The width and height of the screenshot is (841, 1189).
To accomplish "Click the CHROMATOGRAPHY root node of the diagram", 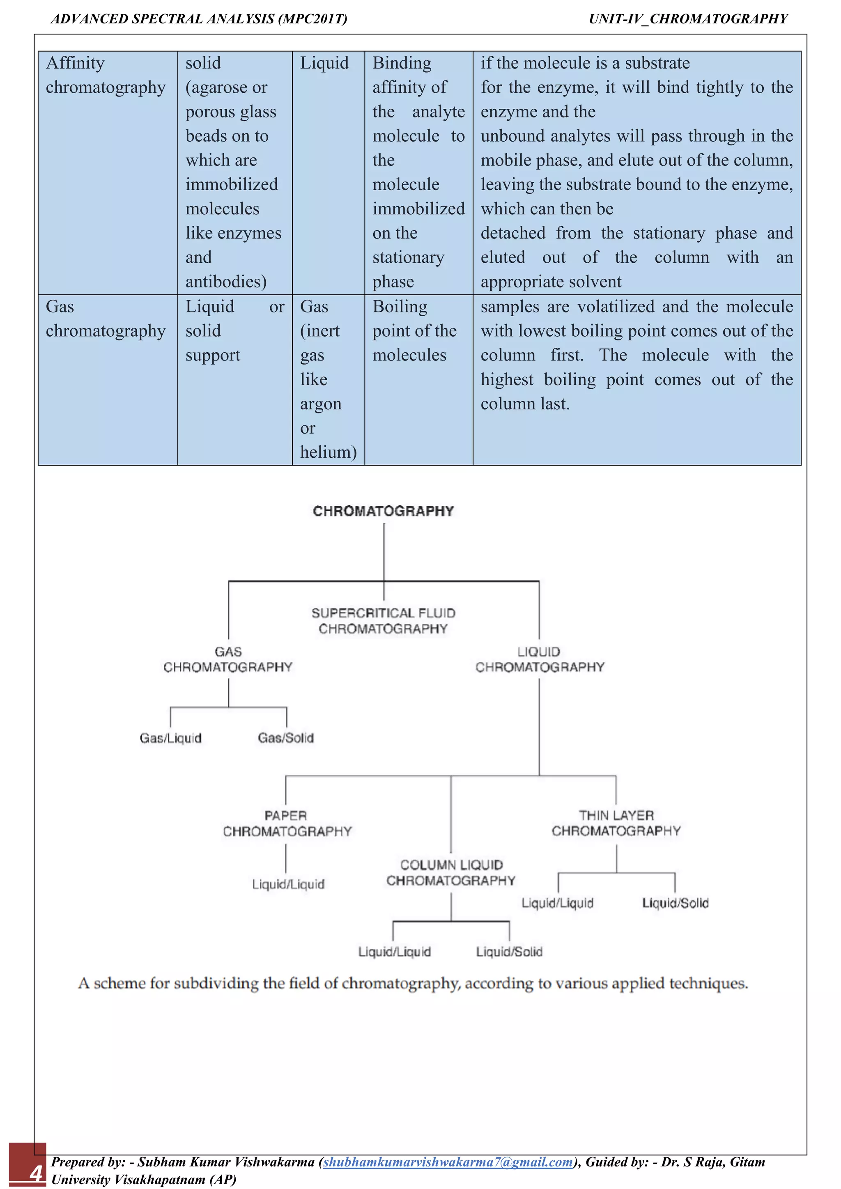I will pyautogui.click(x=383, y=511).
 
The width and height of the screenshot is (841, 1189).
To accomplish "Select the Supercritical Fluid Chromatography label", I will pyautogui.click(x=383, y=621).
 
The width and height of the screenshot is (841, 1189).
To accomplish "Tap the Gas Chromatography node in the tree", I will pyautogui.click(x=228, y=659).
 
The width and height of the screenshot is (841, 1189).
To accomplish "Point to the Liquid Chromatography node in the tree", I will pyautogui.click(x=540, y=659).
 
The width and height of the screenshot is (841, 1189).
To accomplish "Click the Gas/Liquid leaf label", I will pyautogui.click(x=170, y=738).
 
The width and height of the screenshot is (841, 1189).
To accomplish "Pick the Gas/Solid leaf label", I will pyautogui.click(x=286, y=738).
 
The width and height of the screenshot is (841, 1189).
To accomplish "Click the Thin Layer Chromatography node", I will pyautogui.click(x=616, y=823).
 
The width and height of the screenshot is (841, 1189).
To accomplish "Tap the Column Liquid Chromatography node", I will pyautogui.click(x=451, y=872).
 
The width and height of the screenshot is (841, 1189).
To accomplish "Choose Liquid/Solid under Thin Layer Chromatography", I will pyautogui.click(x=675, y=903).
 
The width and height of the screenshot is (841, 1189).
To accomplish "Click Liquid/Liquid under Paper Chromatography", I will pyautogui.click(x=288, y=884).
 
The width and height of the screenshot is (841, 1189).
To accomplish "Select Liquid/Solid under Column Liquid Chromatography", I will pyautogui.click(x=509, y=952).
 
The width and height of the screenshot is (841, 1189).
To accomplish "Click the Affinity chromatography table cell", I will pyautogui.click(x=106, y=75).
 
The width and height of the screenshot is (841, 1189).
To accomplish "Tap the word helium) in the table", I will pyautogui.click(x=329, y=452).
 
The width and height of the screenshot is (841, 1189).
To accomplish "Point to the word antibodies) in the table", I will pyautogui.click(x=226, y=282).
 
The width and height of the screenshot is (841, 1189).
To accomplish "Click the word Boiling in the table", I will pyautogui.click(x=400, y=307).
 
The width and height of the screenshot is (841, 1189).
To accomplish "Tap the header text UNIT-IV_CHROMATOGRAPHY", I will pyautogui.click(x=688, y=19).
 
